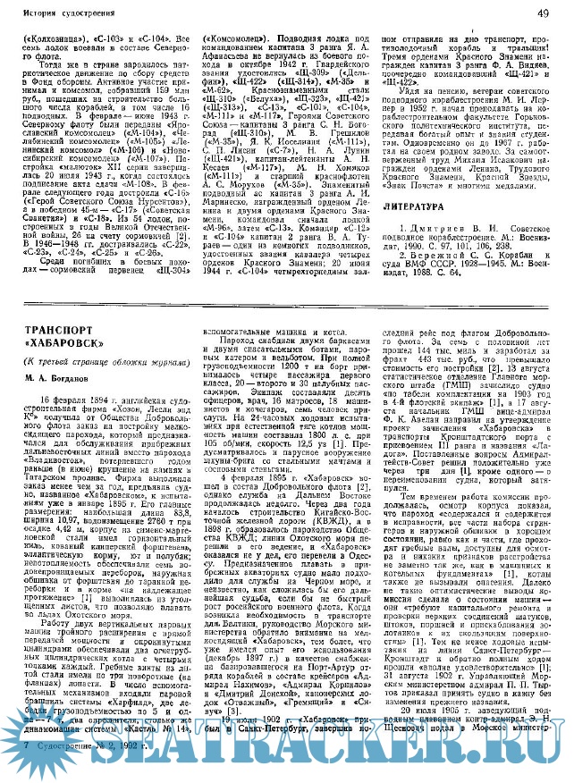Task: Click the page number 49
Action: (556, 14)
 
